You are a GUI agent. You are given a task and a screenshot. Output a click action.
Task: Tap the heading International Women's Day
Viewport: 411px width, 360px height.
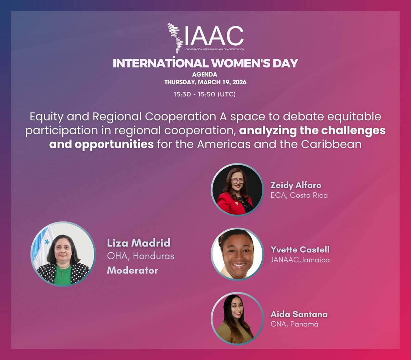pyautogui.click(x=206, y=63)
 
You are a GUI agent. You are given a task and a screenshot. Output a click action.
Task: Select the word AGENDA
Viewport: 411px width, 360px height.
pyautogui.click(x=204, y=74)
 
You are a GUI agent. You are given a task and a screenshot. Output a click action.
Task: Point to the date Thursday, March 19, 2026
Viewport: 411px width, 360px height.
pyautogui.click(x=205, y=82)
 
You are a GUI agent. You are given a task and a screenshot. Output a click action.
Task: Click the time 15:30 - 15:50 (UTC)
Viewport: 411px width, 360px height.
pyautogui.click(x=204, y=94)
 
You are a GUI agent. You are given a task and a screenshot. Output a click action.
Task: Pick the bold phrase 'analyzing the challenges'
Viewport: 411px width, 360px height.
pyautogui.click(x=312, y=131)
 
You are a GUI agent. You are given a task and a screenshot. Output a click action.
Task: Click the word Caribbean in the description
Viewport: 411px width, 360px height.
pyautogui.click(x=331, y=144)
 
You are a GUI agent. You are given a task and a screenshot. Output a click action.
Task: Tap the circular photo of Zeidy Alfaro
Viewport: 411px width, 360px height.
pyautogui.click(x=237, y=190)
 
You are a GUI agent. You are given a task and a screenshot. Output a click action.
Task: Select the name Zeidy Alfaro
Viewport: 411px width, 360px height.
pyautogui.click(x=296, y=185)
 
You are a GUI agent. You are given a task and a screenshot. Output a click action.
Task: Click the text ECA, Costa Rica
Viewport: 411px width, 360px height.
pyautogui.click(x=299, y=195)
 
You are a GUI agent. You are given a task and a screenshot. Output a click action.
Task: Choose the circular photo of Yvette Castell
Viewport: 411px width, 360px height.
pyautogui.click(x=237, y=254)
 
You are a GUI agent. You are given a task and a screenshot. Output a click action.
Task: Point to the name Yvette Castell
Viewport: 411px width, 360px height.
pyautogui.click(x=300, y=250)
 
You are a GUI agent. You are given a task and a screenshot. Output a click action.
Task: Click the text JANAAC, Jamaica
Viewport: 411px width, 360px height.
pyautogui.click(x=300, y=260)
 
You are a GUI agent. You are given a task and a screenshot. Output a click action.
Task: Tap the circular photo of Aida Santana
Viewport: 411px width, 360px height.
pyautogui.click(x=237, y=319)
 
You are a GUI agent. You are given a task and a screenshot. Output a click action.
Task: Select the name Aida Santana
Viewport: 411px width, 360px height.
pyautogui.click(x=299, y=314)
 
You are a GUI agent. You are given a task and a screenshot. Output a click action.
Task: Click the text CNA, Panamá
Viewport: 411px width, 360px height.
pyautogui.click(x=295, y=324)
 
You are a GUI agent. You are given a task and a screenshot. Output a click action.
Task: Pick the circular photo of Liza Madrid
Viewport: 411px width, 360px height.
pyautogui.click(x=63, y=254)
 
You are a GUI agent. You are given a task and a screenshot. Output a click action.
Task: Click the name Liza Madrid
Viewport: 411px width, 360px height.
pyautogui.click(x=138, y=243)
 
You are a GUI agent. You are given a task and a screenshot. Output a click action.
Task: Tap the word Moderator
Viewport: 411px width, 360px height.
pyautogui.click(x=133, y=270)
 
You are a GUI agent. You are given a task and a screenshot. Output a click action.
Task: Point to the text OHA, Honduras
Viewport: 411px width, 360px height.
pyautogui.click(x=140, y=256)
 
